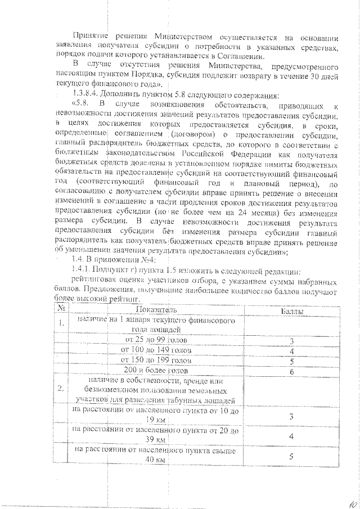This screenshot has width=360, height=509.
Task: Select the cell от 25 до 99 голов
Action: coord(156,341)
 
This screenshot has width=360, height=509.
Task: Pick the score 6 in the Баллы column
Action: coord(291,371)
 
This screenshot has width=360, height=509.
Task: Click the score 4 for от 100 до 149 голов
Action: coord(291,352)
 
